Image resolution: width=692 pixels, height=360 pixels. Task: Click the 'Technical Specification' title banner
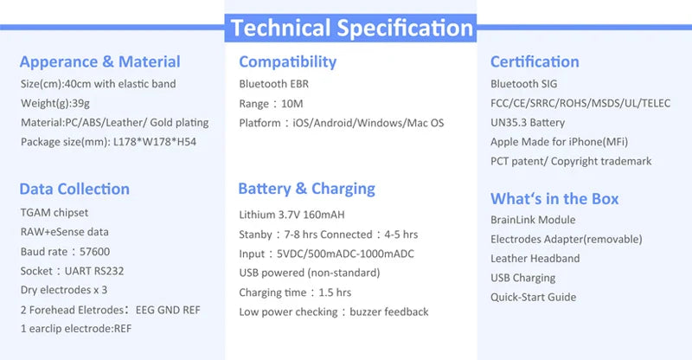pyautogui.click(x=350, y=29)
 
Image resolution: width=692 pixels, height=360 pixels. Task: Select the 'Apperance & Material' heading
pyautogui.click(x=99, y=61)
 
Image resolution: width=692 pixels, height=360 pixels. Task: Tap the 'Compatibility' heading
pyautogui.click(x=288, y=62)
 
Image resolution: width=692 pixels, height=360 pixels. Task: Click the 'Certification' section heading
pyautogui.click(x=535, y=61)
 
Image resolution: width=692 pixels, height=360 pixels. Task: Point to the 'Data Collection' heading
pyautogui.click(x=74, y=189)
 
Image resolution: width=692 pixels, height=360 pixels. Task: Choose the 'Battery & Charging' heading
pyautogui.click(x=307, y=189)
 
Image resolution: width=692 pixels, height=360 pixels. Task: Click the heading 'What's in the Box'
pyautogui.click(x=554, y=199)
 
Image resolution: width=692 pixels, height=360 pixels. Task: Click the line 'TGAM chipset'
pyautogui.click(x=54, y=213)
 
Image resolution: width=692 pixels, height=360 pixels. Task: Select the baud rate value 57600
pyautogui.click(x=95, y=252)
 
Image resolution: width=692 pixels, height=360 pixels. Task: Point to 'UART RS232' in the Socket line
pyautogui.click(x=94, y=271)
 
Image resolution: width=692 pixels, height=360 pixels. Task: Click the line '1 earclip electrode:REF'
pyautogui.click(x=76, y=329)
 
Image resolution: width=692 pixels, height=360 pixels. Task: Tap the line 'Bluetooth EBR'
pyautogui.click(x=274, y=84)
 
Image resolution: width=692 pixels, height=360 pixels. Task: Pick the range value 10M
pyautogui.click(x=292, y=104)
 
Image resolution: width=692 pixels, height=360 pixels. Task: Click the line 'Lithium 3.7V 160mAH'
pyautogui.click(x=292, y=215)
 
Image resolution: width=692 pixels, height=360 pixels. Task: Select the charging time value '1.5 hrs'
pyautogui.click(x=335, y=292)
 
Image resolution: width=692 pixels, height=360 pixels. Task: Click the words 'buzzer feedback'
pyautogui.click(x=389, y=312)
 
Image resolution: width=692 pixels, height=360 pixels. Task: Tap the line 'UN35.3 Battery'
pyautogui.click(x=528, y=123)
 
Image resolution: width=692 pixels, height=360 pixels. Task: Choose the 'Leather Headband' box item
pyautogui.click(x=535, y=259)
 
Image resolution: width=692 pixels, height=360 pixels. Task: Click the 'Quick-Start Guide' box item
pyautogui.click(x=534, y=298)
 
